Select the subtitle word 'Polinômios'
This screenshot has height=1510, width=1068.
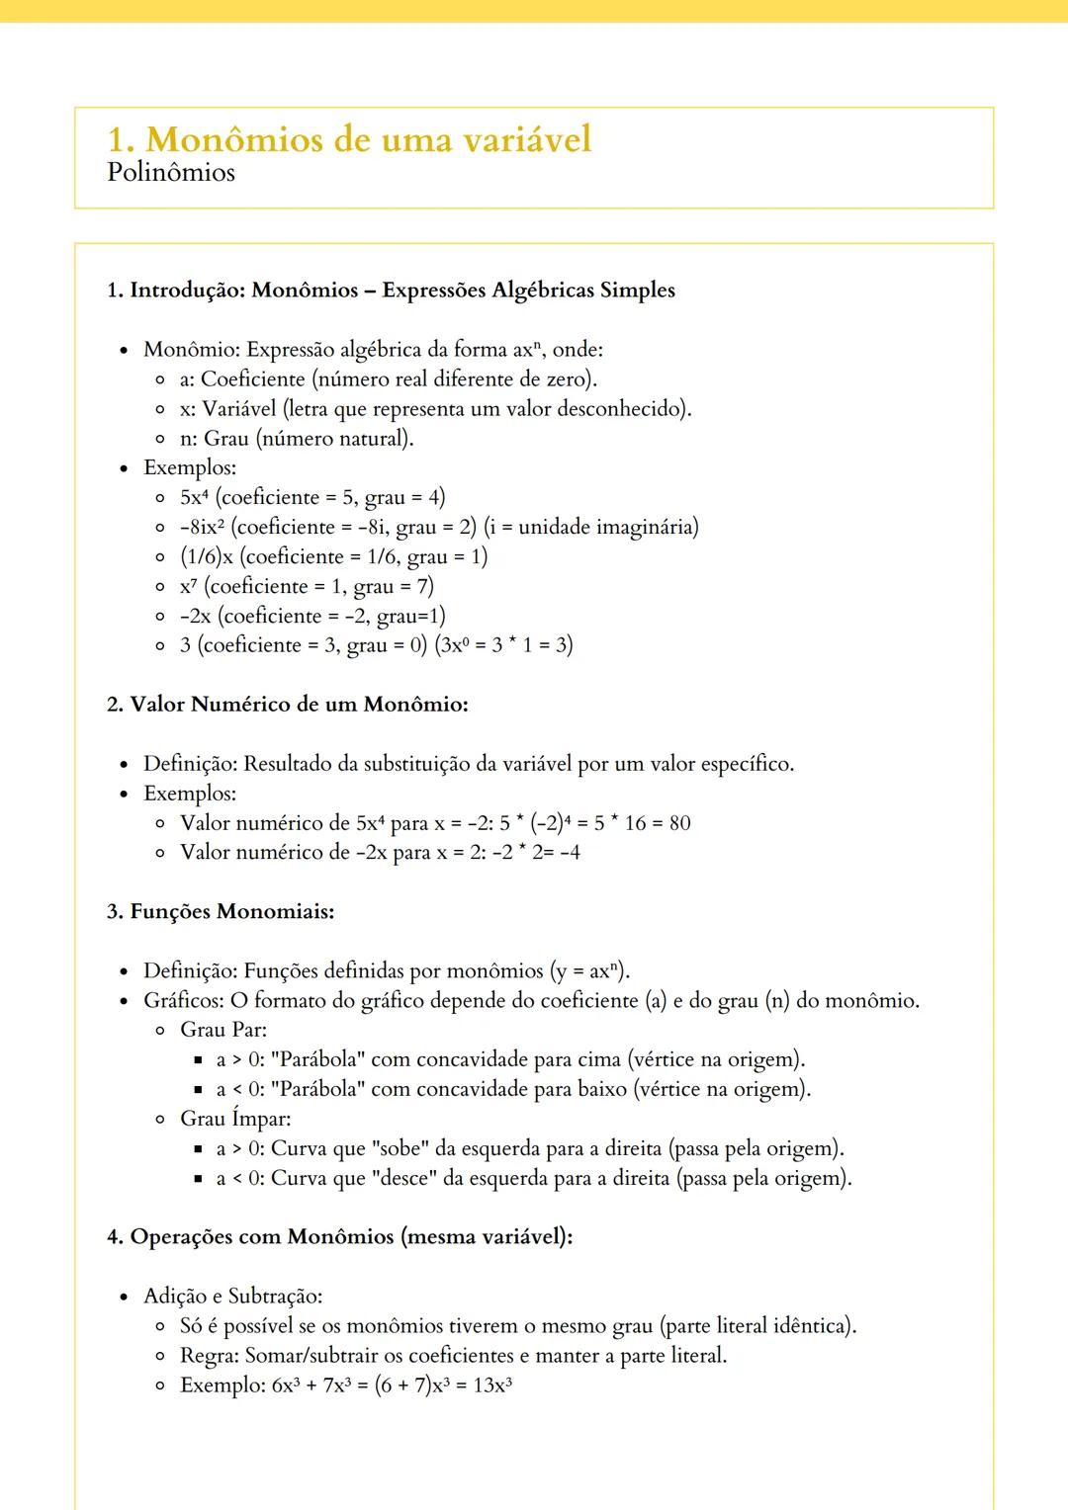click(171, 173)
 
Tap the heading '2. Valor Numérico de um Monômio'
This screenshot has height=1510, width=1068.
click(287, 705)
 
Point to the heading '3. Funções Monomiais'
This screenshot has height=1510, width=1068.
click(220, 911)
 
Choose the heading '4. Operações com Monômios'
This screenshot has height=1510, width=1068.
click(339, 1237)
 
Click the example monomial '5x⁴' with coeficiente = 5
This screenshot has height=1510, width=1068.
click(195, 498)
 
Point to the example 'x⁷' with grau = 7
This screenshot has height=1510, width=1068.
click(188, 587)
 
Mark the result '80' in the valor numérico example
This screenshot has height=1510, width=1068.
click(679, 823)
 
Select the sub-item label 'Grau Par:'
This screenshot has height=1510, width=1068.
click(222, 1030)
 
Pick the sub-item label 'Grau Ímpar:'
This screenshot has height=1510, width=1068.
click(234, 1119)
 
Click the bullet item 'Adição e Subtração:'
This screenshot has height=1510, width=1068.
click(232, 1297)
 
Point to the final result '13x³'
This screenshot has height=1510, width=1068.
click(491, 1385)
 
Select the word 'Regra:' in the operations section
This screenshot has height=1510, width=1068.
click(209, 1356)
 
